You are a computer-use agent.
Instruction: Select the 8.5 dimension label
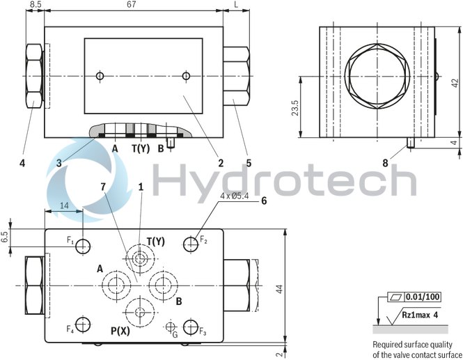(34, 6)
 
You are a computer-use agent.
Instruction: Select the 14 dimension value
(63, 205)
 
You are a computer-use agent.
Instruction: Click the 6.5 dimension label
(6, 237)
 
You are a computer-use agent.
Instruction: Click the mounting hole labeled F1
(84, 245)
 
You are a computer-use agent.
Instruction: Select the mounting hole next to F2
(191, 244)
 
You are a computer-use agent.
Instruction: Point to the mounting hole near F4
(84, 325)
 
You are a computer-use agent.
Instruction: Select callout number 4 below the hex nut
(22, 164)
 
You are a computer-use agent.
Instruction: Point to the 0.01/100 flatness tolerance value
(423, 297)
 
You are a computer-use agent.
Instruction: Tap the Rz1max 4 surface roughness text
(421, 315)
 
